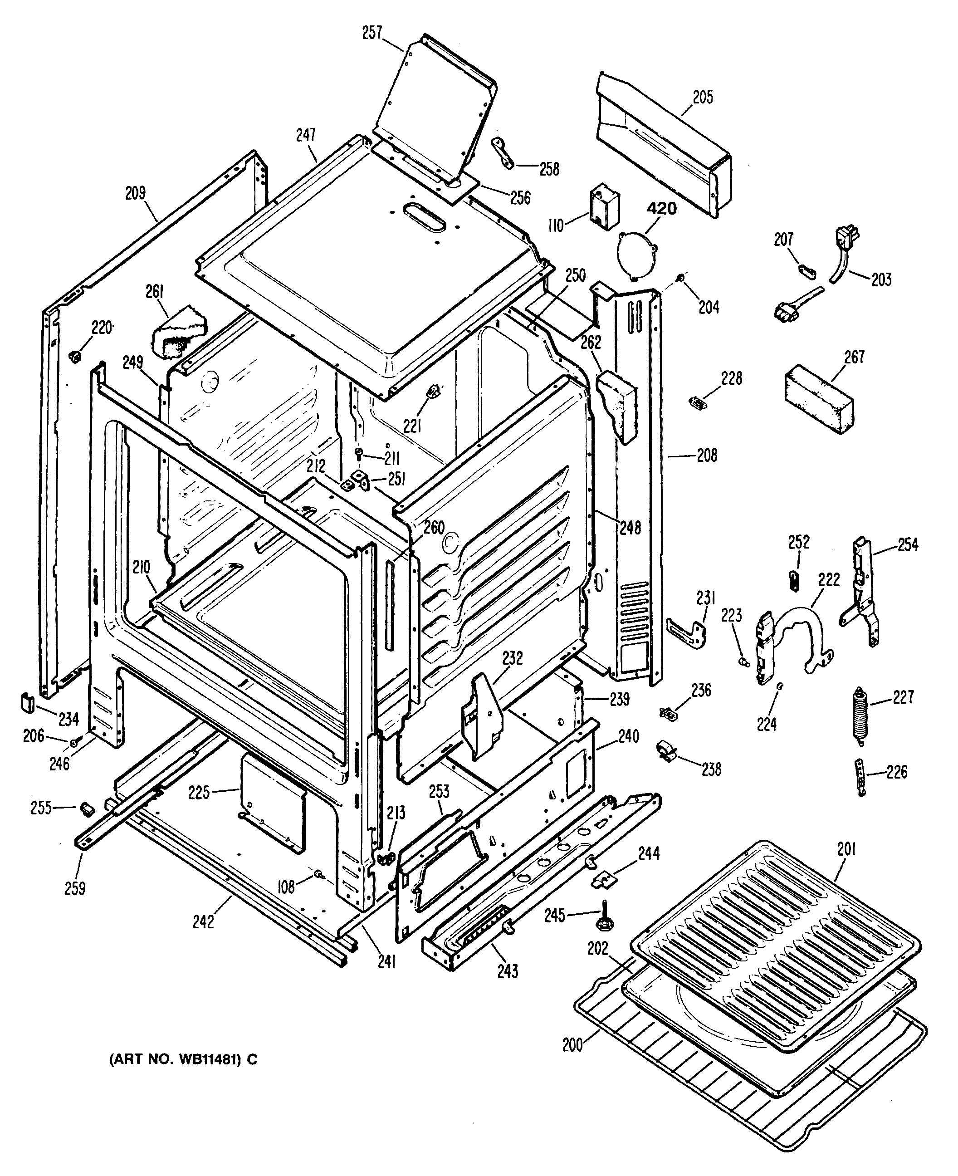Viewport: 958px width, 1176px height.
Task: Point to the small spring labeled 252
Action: (x=793, y=581)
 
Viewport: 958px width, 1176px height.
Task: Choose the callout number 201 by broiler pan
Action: (x=846, y=849)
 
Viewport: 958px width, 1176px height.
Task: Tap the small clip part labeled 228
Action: (x=699, y=402)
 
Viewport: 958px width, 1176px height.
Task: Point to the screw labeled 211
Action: (x=360, y=454)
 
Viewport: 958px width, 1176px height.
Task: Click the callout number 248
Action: (x=630, y=528)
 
